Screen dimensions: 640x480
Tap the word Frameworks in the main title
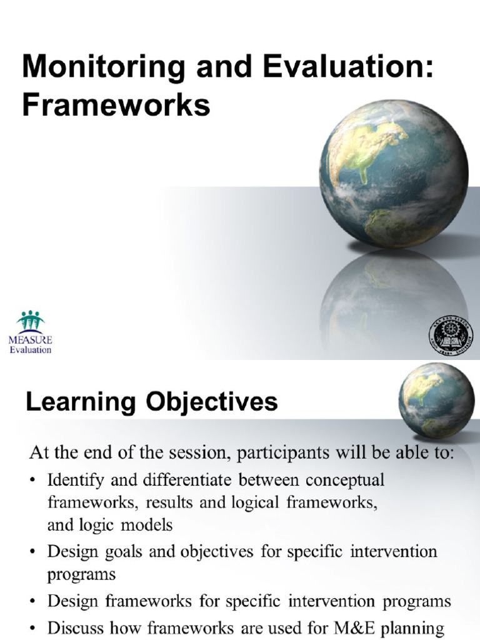tap(116, 106)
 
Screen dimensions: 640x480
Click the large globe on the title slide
tap(393, 174)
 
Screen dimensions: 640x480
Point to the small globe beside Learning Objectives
tap(436, 400)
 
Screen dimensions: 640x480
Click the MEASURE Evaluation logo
tap(30, 332)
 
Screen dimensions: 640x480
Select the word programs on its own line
tap(82, 574)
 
